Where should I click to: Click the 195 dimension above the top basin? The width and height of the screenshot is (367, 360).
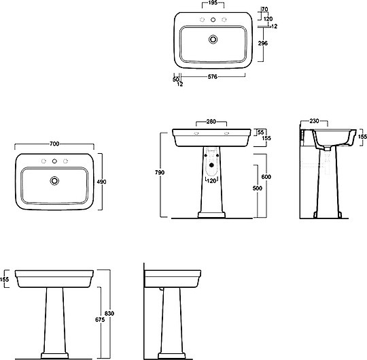(213, 3)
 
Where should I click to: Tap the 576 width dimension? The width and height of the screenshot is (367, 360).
(213, 77)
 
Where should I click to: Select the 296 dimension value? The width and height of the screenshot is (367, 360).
(263, 43)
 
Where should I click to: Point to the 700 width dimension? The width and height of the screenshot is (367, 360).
(54, 144)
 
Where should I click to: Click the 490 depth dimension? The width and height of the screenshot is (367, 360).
(101, 182)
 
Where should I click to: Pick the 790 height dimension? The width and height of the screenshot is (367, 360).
(160, 172)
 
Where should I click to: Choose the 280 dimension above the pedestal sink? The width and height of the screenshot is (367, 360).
(211, 121)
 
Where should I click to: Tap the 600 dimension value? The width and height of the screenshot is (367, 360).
(266, 177)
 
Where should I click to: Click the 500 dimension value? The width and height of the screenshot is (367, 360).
(258, 189)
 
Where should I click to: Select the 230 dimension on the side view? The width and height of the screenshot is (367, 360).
(314, 121)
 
